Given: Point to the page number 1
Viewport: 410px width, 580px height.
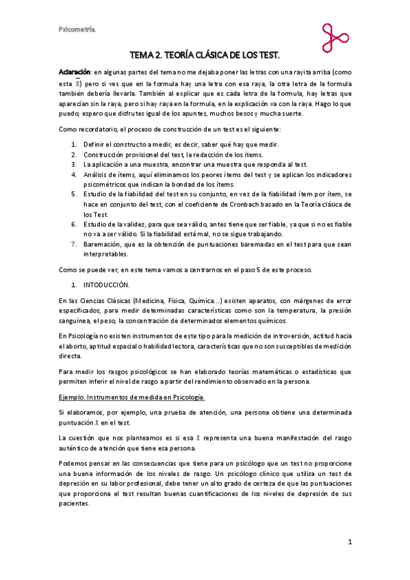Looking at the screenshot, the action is tap(349, 542).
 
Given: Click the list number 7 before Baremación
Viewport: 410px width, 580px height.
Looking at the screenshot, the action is tap(74, 243).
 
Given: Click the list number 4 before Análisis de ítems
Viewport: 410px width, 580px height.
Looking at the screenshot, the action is tap(74, 174).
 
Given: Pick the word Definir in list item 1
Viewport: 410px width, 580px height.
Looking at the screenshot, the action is tap(95, 144).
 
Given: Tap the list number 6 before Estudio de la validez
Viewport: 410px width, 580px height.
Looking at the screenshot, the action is tap(74, 223).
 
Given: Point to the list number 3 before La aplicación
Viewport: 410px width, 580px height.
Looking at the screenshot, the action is tap(74, 163).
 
